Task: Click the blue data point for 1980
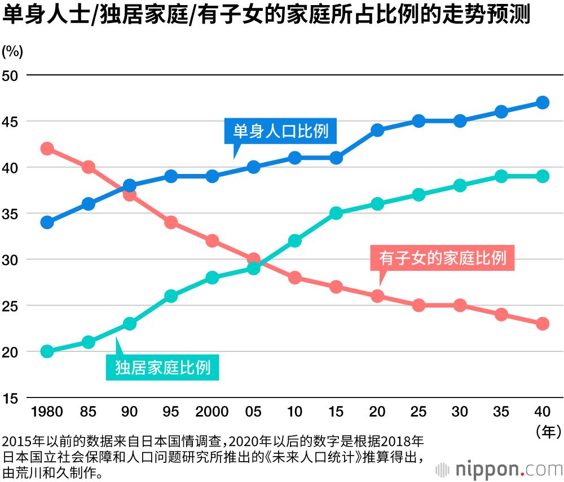pos(47,222)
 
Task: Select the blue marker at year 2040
pos(543,102)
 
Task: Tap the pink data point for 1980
pos(47,149)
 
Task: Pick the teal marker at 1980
pos(47,352)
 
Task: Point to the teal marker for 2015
pos(336,213)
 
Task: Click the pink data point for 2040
pos(543,324)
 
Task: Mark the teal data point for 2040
pos(543,176)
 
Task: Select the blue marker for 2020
pos(377,130)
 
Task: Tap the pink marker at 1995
pos(171,222)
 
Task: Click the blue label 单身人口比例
pos(280,132)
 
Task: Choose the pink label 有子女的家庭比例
pos(443,258)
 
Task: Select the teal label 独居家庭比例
pos(162,368)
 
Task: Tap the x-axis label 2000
pos(212,412)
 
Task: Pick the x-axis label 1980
pos(47,412)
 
